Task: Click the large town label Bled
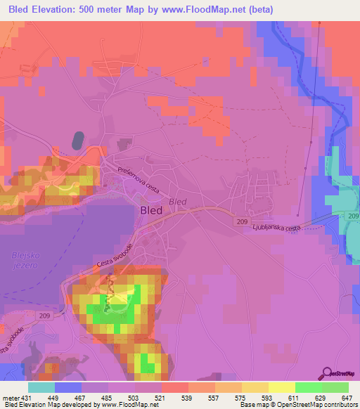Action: [x=152, y=210]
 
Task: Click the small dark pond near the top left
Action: [x=77, y=140]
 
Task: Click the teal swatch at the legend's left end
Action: [x=41, y=387]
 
